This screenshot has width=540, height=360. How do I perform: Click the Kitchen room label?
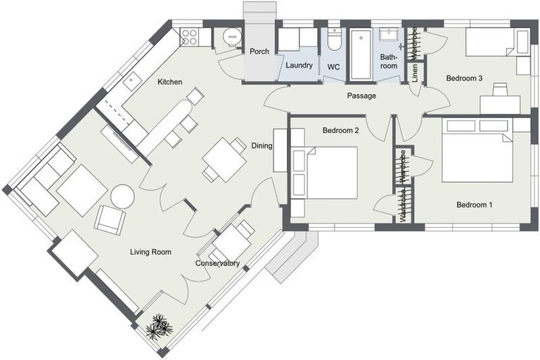pyautogui.click(x=169, y=82)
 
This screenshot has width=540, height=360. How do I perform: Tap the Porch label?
pyautogui.click(x=259, y=51)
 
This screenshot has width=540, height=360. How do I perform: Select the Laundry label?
pyautogui.click(x=300, y=65)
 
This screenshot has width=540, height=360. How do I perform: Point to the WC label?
pyautogui.click(x=333, y=67)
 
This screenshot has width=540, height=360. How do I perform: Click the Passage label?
pyautogui.click(x=361, y=96)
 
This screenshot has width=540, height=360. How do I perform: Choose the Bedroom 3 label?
pyautogui.click(x=464, y=78)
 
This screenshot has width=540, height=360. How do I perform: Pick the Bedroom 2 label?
pyautogui.click(x=340, y=130)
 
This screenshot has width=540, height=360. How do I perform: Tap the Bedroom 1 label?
pyautogui.click(x=474, y=205)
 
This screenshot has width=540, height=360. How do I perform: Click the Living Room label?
pyautogui.click(x=150, y=252)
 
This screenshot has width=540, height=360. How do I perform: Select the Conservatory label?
pyautogui.click(x=217, y=264)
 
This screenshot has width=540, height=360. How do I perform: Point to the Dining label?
pyautogui.click(x=262, y=146)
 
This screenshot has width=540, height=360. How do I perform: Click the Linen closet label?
pyautogui.click(x=415, y=72)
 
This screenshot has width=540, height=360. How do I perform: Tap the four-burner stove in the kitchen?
pyautogui.click(x=189, y=37)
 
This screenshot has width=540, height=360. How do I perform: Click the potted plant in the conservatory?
pyautogui.click(x=159, y=327)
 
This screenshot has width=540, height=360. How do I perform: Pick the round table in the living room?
pyautogui.click(x=122, y=197)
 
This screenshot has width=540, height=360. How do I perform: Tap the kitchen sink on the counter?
pyautogui.click(x=131, y=80)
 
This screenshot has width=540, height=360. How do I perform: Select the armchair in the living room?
pyautogui.click(x=110, y=220)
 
